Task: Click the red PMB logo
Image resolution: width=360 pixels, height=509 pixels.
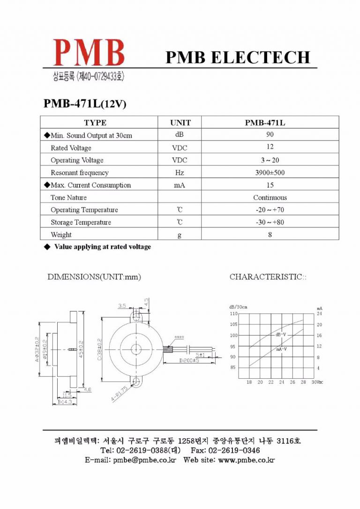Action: click(x=89, y=52)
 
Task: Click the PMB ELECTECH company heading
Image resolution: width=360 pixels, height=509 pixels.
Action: click(x=238, y=57)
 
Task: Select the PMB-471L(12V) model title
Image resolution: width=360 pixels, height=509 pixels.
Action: click(x=85, y=104)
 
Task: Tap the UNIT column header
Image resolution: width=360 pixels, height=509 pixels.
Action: click(x=180, y=123)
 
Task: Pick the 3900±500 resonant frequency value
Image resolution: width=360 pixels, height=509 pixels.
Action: click(x=270, y=172)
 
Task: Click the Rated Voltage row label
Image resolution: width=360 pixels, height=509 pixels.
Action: click(x=71, y=148)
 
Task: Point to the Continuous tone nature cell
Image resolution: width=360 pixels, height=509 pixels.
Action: click(x=270, y=197)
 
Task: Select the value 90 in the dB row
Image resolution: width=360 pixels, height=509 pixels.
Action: click(x=270, y=135)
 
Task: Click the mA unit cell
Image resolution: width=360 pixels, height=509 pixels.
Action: click(x=180, y=185)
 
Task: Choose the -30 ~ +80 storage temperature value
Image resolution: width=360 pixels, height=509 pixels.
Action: click(x=270, y=222)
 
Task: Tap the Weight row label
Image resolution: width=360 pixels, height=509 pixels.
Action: click(x=61, y=234)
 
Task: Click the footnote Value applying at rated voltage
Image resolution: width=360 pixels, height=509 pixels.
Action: click(x=102, y=247)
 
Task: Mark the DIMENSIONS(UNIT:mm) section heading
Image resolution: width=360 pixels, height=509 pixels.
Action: click(x=94, y=277)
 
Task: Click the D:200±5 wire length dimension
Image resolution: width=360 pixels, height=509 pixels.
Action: click(x=189, y=360)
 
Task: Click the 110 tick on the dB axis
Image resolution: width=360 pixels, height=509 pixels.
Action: click(x=233, y=313)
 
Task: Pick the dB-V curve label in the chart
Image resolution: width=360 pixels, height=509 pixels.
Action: click(x=281, y=335)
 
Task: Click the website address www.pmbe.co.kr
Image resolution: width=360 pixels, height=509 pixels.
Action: click(x=246, y=460)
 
